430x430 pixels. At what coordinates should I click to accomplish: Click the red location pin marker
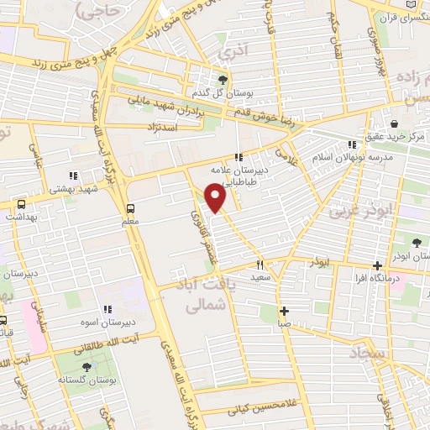coord(216,198)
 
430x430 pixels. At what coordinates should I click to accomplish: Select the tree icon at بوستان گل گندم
coord(222,80)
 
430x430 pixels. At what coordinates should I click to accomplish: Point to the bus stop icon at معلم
coord(130,208)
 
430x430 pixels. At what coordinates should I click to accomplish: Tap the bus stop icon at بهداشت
coord(21,204)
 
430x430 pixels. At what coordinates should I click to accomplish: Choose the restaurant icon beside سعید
coord(260,265)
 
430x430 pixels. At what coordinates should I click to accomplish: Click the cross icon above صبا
coord(285,309)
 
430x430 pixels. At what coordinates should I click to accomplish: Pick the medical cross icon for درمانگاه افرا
coord(376,266)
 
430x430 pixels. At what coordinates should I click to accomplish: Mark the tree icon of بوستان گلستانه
coord(87,366)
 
